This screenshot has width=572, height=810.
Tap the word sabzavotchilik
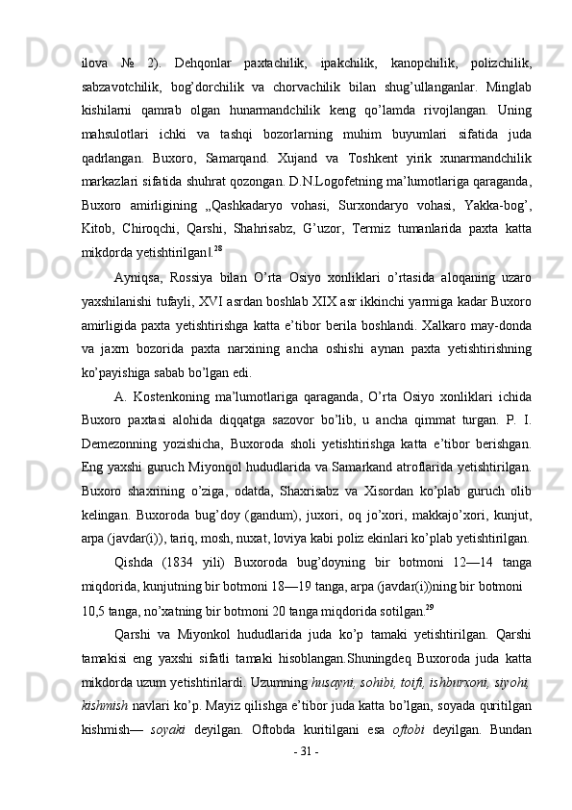click(117, 88)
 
